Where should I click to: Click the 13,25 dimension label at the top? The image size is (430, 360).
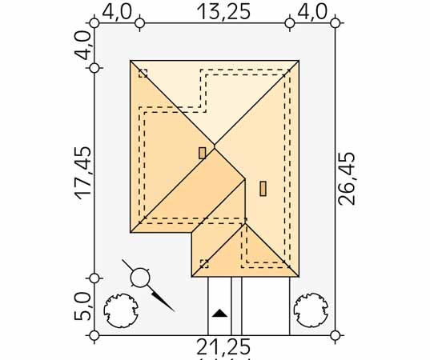pyautogui.click(x=223, y=12)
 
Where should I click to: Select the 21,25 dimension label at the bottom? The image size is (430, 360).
pyautogui.click(x=223, y=347)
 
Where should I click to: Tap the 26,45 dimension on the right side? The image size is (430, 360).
pyautogui.click(x=347, y=178)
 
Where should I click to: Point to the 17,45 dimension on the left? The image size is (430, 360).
pyautogui.click(x=82, y=173)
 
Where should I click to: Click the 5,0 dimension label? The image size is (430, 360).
pyautogui.click(x=82, y=306)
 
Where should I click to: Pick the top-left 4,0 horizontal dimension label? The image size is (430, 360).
pyautogui.click(x=117, y=12)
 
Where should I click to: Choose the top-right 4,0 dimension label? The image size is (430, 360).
pyautogui.click(x=312, y=12)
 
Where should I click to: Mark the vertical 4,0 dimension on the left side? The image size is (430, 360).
pyautogui.click(x=82, y=46)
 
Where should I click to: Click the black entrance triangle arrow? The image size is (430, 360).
pyautogui.click(x=219, y=313)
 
